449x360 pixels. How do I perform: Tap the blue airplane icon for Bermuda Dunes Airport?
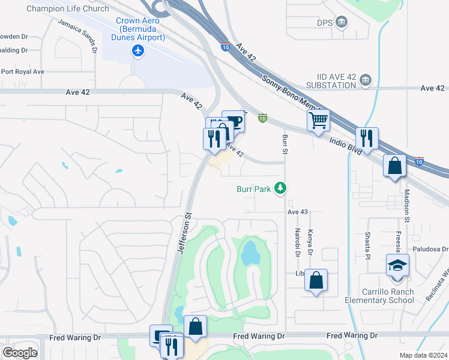[x=139, y=51]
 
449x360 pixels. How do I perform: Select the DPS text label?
[x=325, y=23]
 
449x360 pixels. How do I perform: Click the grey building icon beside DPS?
[x=342, y=23]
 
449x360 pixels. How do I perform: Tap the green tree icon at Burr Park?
[x=280, y=189]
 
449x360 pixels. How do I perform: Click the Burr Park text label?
[x=253, y=189]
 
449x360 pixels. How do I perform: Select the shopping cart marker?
[x=318, y=119]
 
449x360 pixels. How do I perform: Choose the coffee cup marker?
[x=233, y=121]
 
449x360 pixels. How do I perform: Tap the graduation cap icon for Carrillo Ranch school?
[x=396, y=265]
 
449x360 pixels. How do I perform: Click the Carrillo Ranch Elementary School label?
[x=379, y=296]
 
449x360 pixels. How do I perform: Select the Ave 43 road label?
[x=297, y=212]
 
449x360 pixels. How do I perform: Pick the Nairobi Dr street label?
[x=297, y=242]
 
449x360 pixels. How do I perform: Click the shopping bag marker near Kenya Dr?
[x=316, y=280]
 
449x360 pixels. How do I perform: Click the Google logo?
[x=20, y=352]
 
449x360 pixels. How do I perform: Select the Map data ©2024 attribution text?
[x=424, y=355]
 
